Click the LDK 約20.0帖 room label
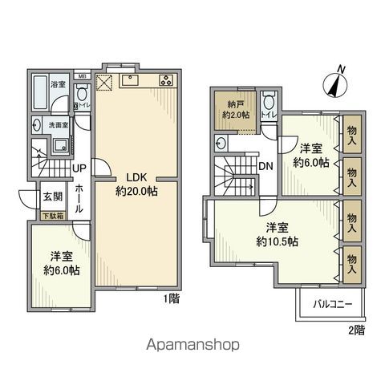pyautogui.click(x=135, y=183)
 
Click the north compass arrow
pyautogui.click(x=336, y=83)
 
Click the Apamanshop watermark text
pyautogui.click(x=192, y=345)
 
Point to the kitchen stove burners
pyautogui.click(x=166, y=79)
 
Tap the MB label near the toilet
pyautogui.click(x=81, y=77)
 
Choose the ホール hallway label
pyautogui.click(x=79, y=197)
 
